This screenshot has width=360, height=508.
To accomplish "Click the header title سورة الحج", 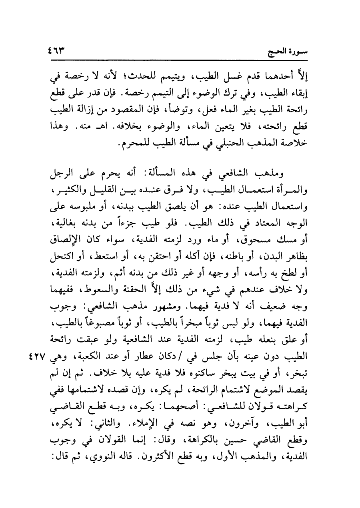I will (x=287, y=52).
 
